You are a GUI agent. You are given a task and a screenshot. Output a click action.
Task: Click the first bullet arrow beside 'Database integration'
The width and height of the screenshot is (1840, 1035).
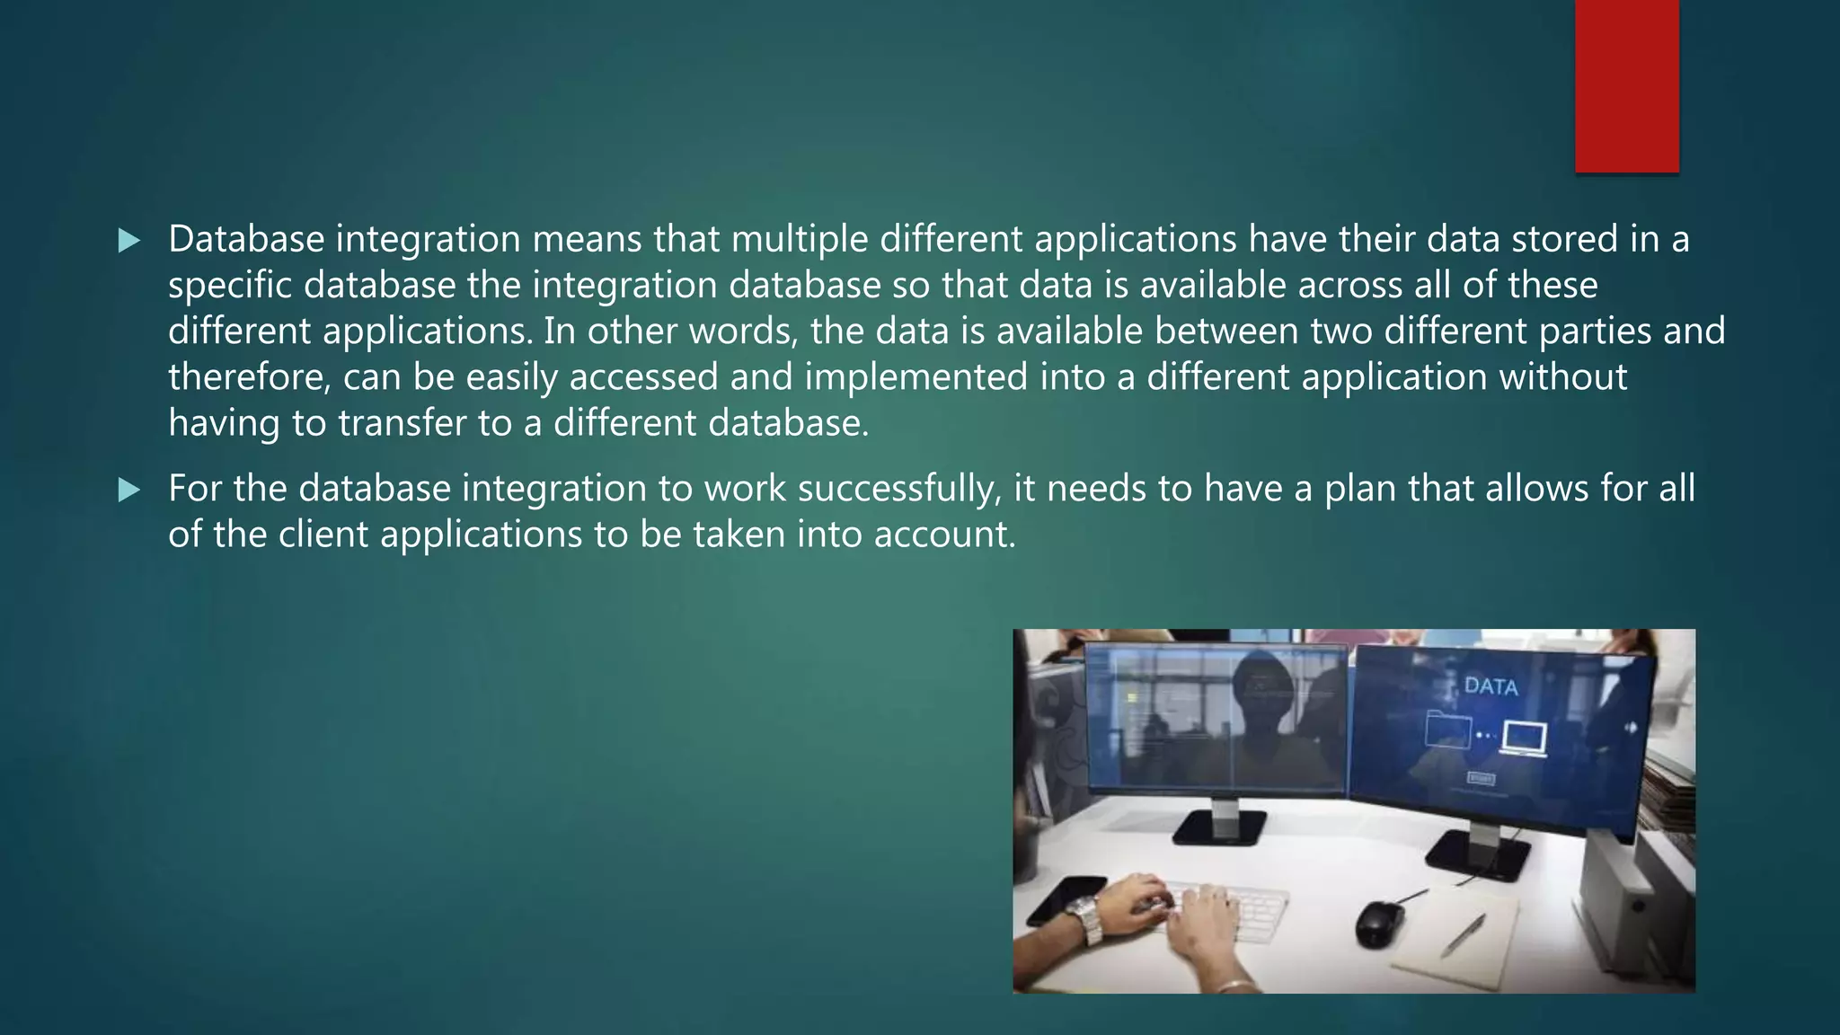click(129, 241)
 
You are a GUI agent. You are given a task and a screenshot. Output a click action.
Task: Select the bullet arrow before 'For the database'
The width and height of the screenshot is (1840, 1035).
click(129, 491)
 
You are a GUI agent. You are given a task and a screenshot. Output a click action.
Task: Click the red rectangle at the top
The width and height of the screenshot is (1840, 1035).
click(1626, 85)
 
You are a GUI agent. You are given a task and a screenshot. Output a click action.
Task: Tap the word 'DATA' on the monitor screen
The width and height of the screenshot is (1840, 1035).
click(1491, 687)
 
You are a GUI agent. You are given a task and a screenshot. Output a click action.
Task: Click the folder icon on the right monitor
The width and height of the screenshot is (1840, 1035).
click(1447, 729)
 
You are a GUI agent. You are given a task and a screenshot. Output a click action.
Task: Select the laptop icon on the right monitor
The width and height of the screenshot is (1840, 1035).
click(1525, 739)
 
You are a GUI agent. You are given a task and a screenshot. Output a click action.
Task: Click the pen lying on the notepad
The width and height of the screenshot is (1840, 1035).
click(1463, 935)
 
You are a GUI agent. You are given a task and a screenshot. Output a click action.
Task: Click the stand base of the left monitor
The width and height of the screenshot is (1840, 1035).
click(1219, 827)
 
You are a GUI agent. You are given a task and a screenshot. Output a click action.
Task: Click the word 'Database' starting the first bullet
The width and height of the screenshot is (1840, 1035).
click(246, 239)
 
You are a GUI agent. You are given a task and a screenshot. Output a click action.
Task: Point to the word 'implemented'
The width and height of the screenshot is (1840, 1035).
click(916, 376)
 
